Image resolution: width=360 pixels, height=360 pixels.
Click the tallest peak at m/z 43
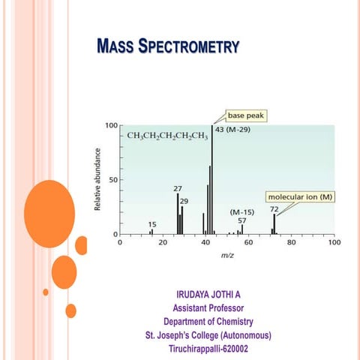click(x=211, y=180)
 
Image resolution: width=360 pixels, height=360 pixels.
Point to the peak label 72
click(x=274, y=209)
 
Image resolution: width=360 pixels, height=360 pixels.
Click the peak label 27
click(x=178, y=188)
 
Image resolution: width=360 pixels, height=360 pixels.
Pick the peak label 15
click(x=152, y=224)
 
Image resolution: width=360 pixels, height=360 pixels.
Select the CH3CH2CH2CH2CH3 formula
click(x=166, y=136)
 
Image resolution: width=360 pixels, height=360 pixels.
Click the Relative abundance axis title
click(x=97, y=178)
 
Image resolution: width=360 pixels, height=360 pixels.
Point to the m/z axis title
click(x=226, y=256)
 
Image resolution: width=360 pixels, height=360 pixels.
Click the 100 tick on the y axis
click(x=110, y=125)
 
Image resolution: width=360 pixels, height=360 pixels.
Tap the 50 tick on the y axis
click(x=112, y=180)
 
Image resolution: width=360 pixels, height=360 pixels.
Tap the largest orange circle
click(x=49, y=214)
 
